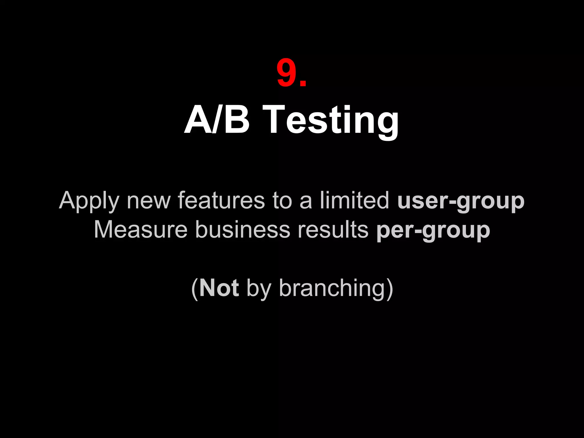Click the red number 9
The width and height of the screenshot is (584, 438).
(x=286, y=73)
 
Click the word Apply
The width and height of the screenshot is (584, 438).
(x=89, y=201)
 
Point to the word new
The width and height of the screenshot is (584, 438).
(x=149, y=201)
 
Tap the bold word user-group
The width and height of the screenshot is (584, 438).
(x=461, y=201)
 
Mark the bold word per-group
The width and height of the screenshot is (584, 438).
(x=433, y=231)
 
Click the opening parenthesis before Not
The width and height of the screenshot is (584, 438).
(x=194, y=289)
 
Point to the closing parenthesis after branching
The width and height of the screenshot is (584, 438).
(x=390, y=289)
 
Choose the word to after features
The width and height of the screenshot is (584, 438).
(x=282, y=201)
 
